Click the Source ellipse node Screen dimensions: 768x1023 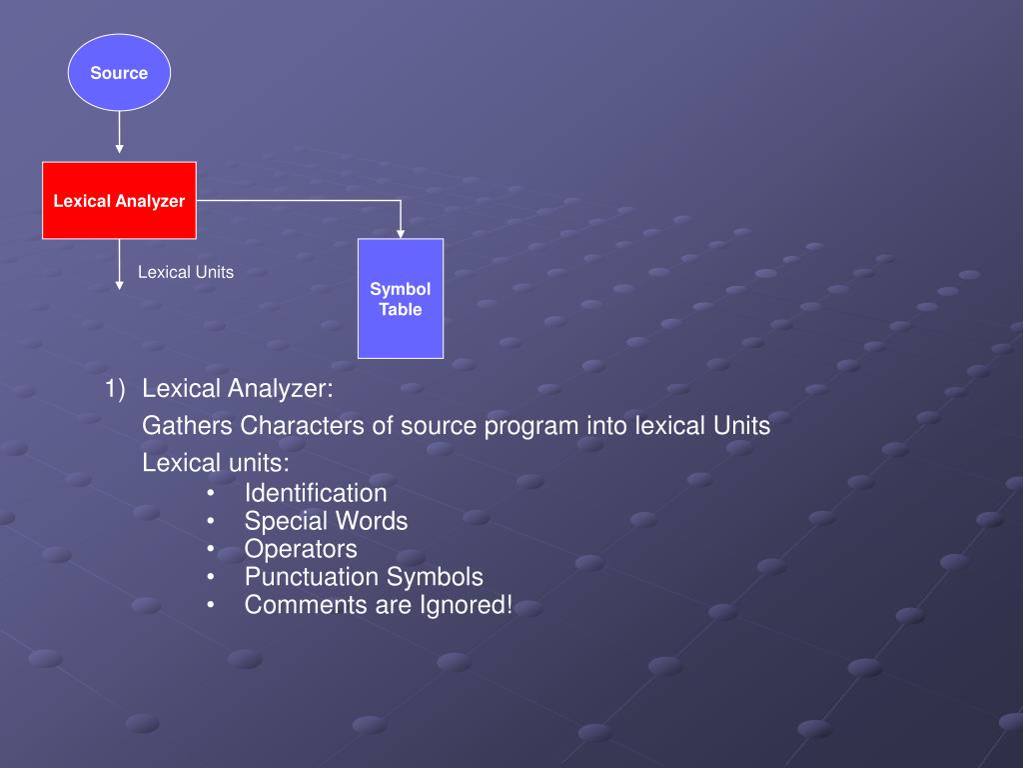(119, 72)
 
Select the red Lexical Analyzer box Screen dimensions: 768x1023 (119, 200)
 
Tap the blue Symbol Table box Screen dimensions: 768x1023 (400, 298)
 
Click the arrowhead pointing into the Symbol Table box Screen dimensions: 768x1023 (401, 233)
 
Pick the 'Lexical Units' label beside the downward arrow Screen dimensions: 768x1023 (185, 272)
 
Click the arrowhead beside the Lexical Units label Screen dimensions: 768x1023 (119, 285)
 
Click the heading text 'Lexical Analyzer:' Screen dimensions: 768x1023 (238, 388)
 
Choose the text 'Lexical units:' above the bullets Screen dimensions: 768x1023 (216, 463)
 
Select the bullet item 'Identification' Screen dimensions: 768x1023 (316, 493)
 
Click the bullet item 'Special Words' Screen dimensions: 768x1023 (326, 521)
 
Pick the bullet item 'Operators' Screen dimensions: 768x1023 (301, 549)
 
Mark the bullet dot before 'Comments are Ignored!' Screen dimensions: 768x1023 (211, 606)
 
